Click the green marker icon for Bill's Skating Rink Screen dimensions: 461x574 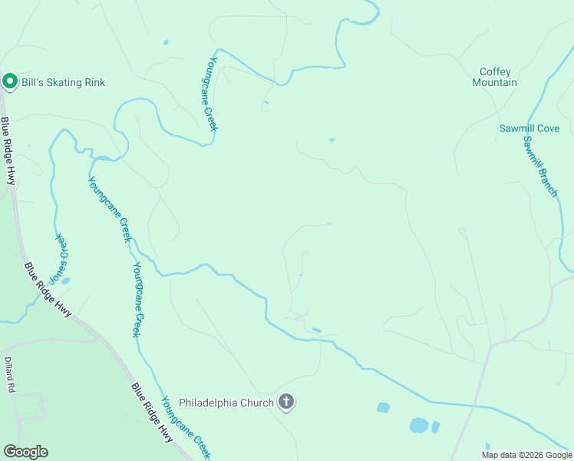(10, 81)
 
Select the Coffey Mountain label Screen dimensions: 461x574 (494, 77)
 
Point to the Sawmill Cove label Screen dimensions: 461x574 (529, 128)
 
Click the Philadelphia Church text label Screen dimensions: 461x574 (226, 402)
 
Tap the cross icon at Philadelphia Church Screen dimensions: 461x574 (286, 401)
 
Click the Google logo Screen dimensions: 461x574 (25, 452)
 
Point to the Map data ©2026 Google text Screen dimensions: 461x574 (526, 455)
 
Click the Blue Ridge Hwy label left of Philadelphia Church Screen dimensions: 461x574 (151, 413)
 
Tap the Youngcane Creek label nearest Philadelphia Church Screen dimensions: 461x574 (185, 427)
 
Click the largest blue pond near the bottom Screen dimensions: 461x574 (419, 425)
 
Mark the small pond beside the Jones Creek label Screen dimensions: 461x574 (65, 280)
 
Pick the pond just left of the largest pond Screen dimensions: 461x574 (383, 407)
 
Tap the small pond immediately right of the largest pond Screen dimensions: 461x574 (435, 426)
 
